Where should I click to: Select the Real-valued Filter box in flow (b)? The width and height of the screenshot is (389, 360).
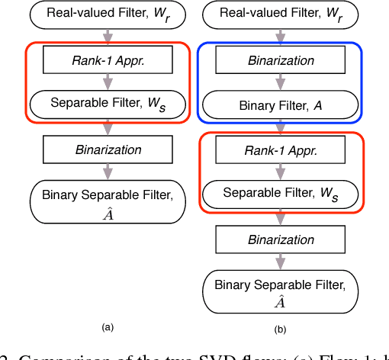[x=280, y=14]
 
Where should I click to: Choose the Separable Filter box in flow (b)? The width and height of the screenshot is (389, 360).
[x=280, y=194]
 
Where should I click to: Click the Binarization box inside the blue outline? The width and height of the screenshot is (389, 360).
[x=280, y=59]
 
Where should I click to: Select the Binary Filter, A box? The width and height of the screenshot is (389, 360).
[x=280, y=104]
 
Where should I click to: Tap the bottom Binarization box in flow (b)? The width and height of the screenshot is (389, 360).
[x=280, y=239]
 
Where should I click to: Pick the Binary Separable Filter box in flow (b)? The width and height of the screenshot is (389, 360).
[x=280, y=292]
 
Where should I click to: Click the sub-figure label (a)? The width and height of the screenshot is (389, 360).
[x=108, y=326]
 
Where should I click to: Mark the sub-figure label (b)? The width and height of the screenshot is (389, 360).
[x=280, y=329]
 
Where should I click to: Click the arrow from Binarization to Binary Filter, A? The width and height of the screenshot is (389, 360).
[x=280, y=82]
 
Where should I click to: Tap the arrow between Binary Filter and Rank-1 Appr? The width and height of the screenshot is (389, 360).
[x=280, y=128]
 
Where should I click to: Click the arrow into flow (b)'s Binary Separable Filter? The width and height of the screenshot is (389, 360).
[x=280, y=262]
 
